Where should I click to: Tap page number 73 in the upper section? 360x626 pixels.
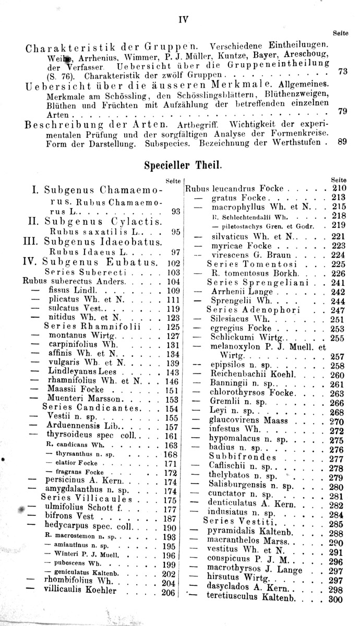(x=342, y=71)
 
